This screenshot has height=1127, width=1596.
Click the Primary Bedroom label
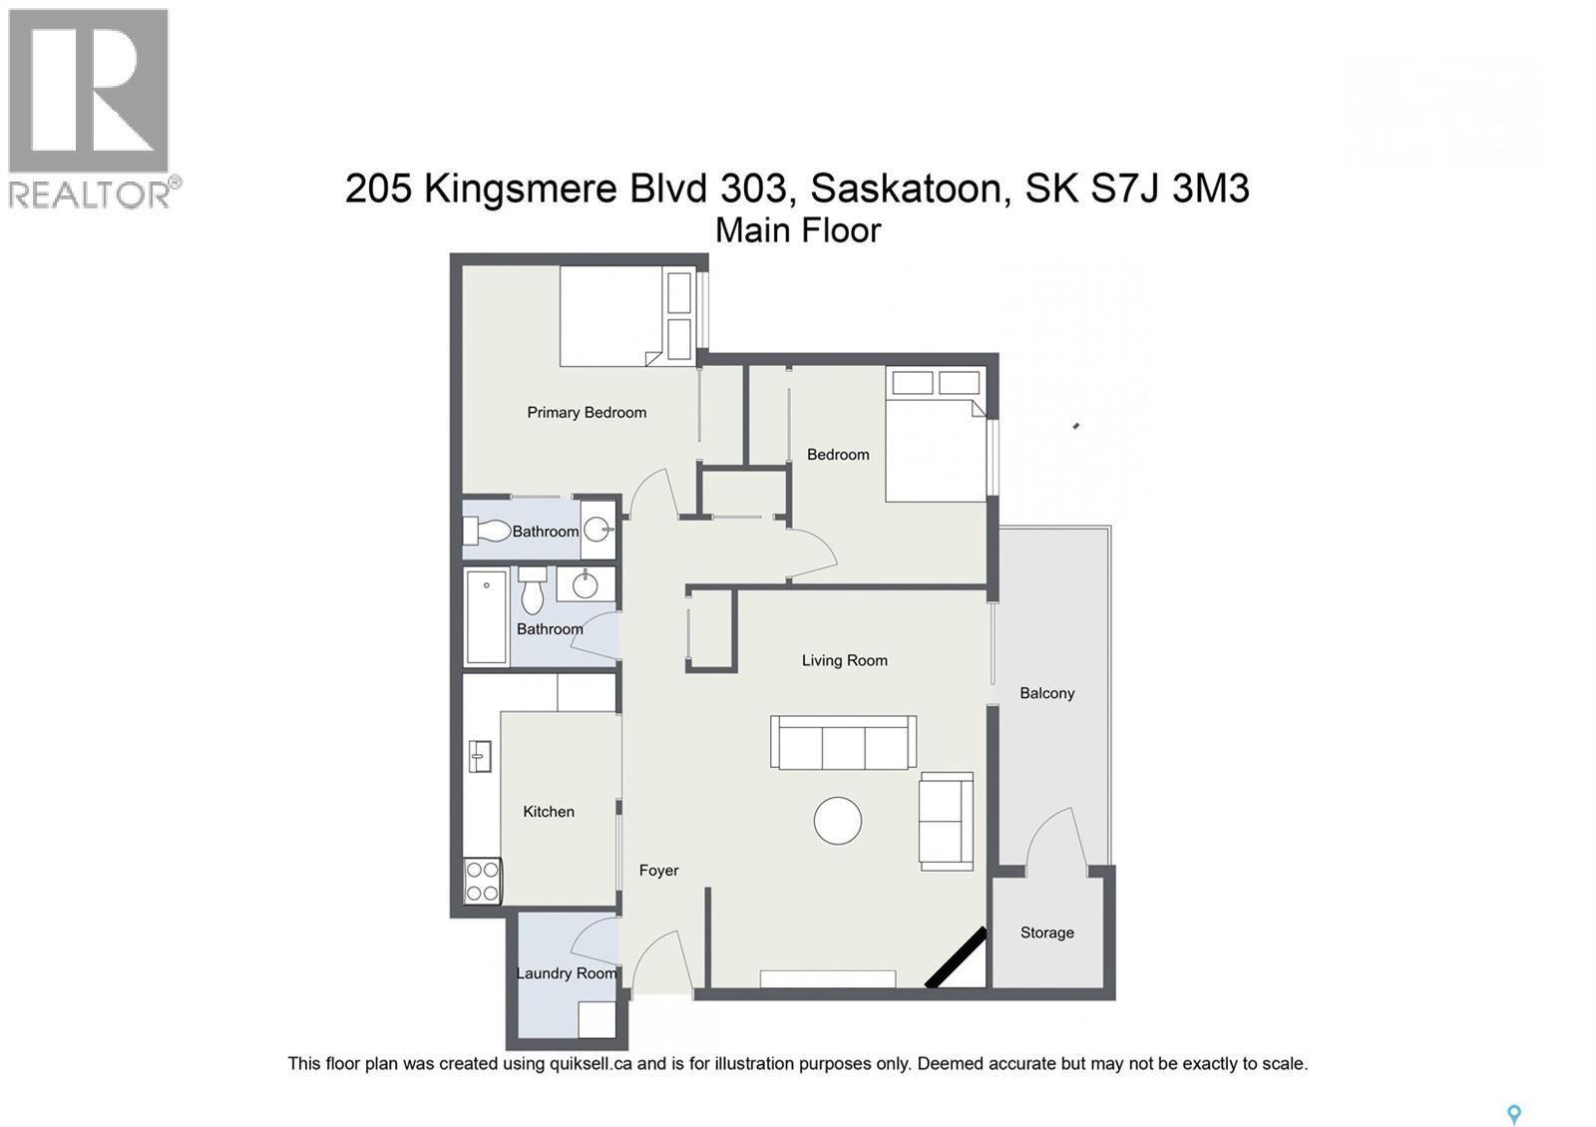coord(587,412)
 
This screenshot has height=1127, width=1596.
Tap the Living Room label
coord(844,660)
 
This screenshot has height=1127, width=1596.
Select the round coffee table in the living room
coord(837,821)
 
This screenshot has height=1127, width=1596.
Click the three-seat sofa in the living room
coord(843,742)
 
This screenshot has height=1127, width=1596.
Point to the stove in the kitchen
coord(482,882)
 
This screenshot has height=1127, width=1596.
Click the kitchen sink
coord(480,756)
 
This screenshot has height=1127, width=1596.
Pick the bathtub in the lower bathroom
coord(487,616)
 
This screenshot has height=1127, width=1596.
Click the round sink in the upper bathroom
coord(598,530)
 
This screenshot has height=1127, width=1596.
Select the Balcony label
coord(1046,693)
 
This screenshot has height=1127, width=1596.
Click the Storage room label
coord(1046,933)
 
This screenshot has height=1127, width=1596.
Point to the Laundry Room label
coord(566,973)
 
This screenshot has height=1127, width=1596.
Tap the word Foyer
coord(658,871)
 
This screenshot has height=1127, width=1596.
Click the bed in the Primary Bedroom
coord(610,316)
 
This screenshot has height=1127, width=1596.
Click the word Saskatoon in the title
coord(906,188)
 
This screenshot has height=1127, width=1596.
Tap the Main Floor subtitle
coord(798,230)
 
